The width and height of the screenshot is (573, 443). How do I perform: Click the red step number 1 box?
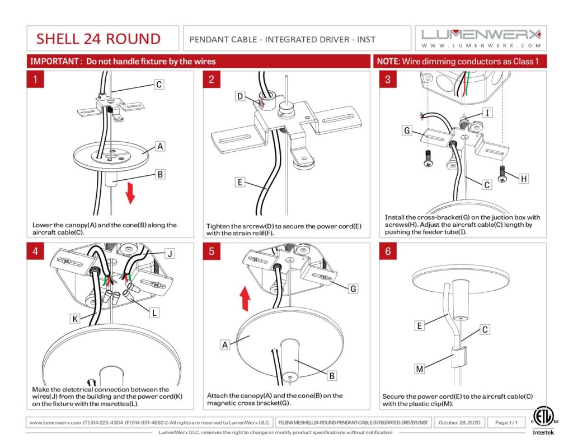click(35, 80)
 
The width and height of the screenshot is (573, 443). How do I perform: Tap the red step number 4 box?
click(35, 251)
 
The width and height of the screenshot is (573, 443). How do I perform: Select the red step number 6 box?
click(388, 251)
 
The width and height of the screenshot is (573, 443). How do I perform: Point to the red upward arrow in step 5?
click(245, 296)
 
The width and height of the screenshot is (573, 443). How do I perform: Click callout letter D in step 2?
click(240, 97)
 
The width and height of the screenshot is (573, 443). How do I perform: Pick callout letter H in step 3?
click(523, 179)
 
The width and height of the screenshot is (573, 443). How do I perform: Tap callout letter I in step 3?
click(487, 113)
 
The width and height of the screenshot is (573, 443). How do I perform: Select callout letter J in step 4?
click(170, 253)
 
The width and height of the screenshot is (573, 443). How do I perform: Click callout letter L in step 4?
click(154, 313)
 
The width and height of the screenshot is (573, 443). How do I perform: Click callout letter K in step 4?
click(74, 319)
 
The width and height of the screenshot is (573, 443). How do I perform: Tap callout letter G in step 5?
click(353, 289)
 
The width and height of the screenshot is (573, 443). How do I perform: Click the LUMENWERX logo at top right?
click(481, 38)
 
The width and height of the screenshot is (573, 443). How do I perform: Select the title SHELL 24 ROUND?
click(98, 39)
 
